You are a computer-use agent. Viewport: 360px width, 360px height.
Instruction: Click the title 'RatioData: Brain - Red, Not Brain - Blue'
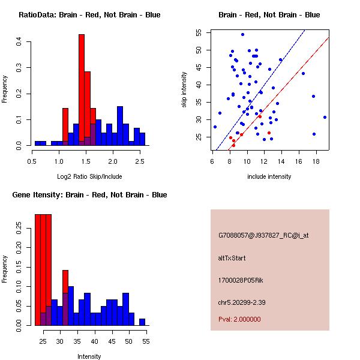click(89, 15)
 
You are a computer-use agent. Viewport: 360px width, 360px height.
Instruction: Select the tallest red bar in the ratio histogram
click(82, 90)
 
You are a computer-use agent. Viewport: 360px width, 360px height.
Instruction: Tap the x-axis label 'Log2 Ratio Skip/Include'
click(89, 176)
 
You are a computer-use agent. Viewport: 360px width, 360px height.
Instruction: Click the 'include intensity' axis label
click(269, 176)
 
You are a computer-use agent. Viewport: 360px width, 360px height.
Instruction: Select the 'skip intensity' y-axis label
click(185, 90)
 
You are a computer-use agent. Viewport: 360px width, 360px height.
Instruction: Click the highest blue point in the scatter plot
click(242, 34)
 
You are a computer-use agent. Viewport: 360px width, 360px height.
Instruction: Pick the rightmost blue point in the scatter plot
click(325, 117)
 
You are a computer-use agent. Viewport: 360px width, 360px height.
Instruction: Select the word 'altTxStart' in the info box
click(232, 258)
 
